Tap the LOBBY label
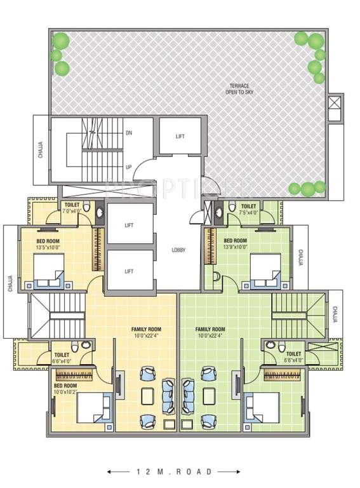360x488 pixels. [x=178, y=250]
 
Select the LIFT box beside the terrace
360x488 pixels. [x=180, y=136]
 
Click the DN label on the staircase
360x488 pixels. [x=129, y=133]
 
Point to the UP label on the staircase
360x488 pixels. [x=129, y=167]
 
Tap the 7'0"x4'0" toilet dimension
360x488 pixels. [x=72, y=211]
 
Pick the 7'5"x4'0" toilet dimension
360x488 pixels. [x=248, y=212]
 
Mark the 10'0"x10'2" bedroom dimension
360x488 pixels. [x=65, y=392]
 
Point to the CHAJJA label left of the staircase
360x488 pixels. [x=41, y=149]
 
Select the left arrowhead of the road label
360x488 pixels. [x=110, y=471]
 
